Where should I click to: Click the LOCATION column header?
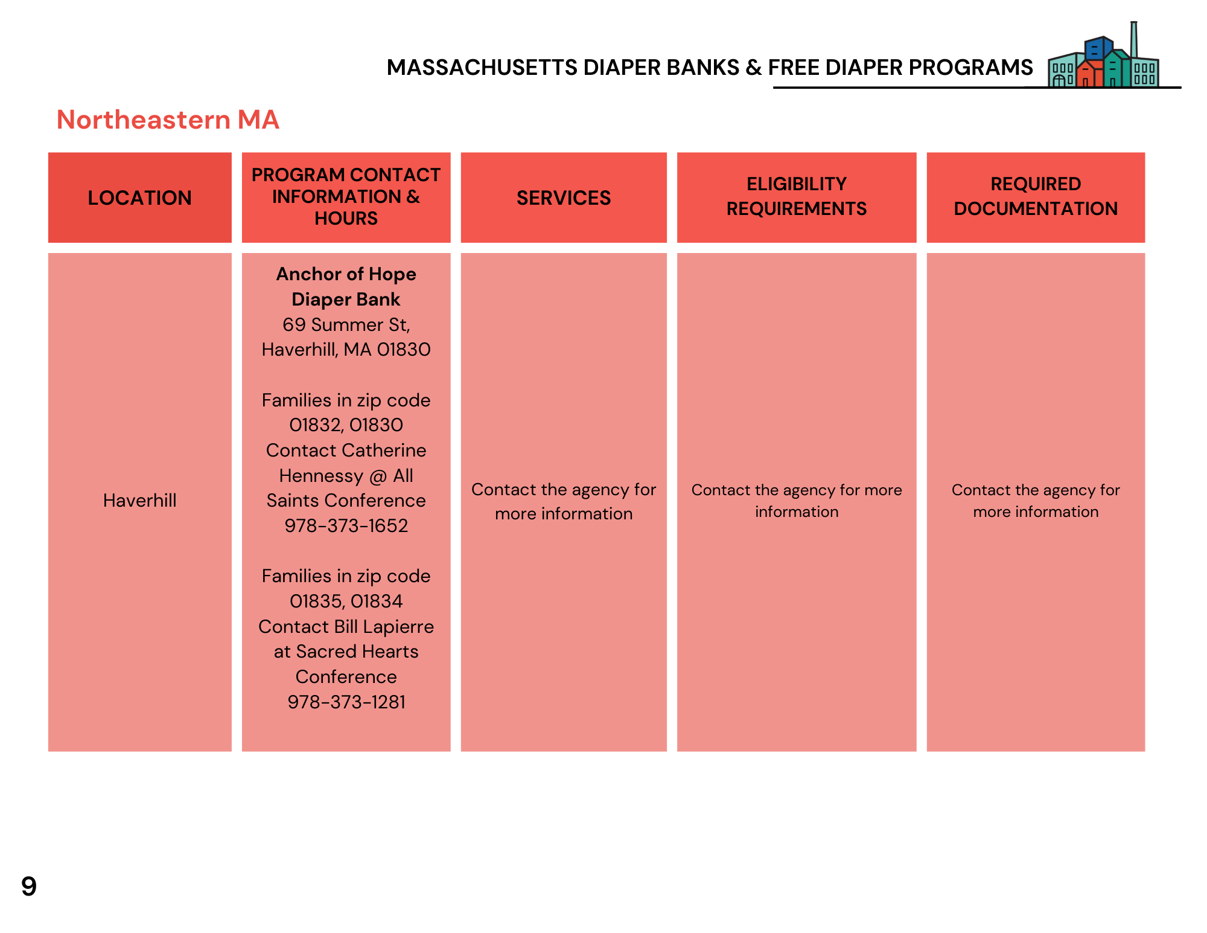point(139,197)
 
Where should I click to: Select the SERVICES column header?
point(563,197)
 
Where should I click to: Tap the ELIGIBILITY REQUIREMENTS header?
point(796,196)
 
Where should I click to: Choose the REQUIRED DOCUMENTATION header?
point(1035,196)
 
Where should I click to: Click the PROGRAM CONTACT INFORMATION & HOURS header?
point(346,196)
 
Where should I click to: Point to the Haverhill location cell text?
point(139,500)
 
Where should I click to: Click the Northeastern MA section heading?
point(168,120)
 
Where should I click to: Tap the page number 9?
point(28,886)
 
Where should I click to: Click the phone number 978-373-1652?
point(346,525)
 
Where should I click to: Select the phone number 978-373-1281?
point(346,702)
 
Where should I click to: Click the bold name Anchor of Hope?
point(346,274)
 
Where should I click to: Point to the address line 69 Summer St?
point(346,324)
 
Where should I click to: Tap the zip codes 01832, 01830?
point(346,425)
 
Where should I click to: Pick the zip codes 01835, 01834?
point(346,601)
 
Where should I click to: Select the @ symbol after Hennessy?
point(378,476)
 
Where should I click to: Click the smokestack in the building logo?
point(1134,40)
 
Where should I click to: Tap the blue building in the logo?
point(1098,48)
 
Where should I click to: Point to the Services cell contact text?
point(563,501)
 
